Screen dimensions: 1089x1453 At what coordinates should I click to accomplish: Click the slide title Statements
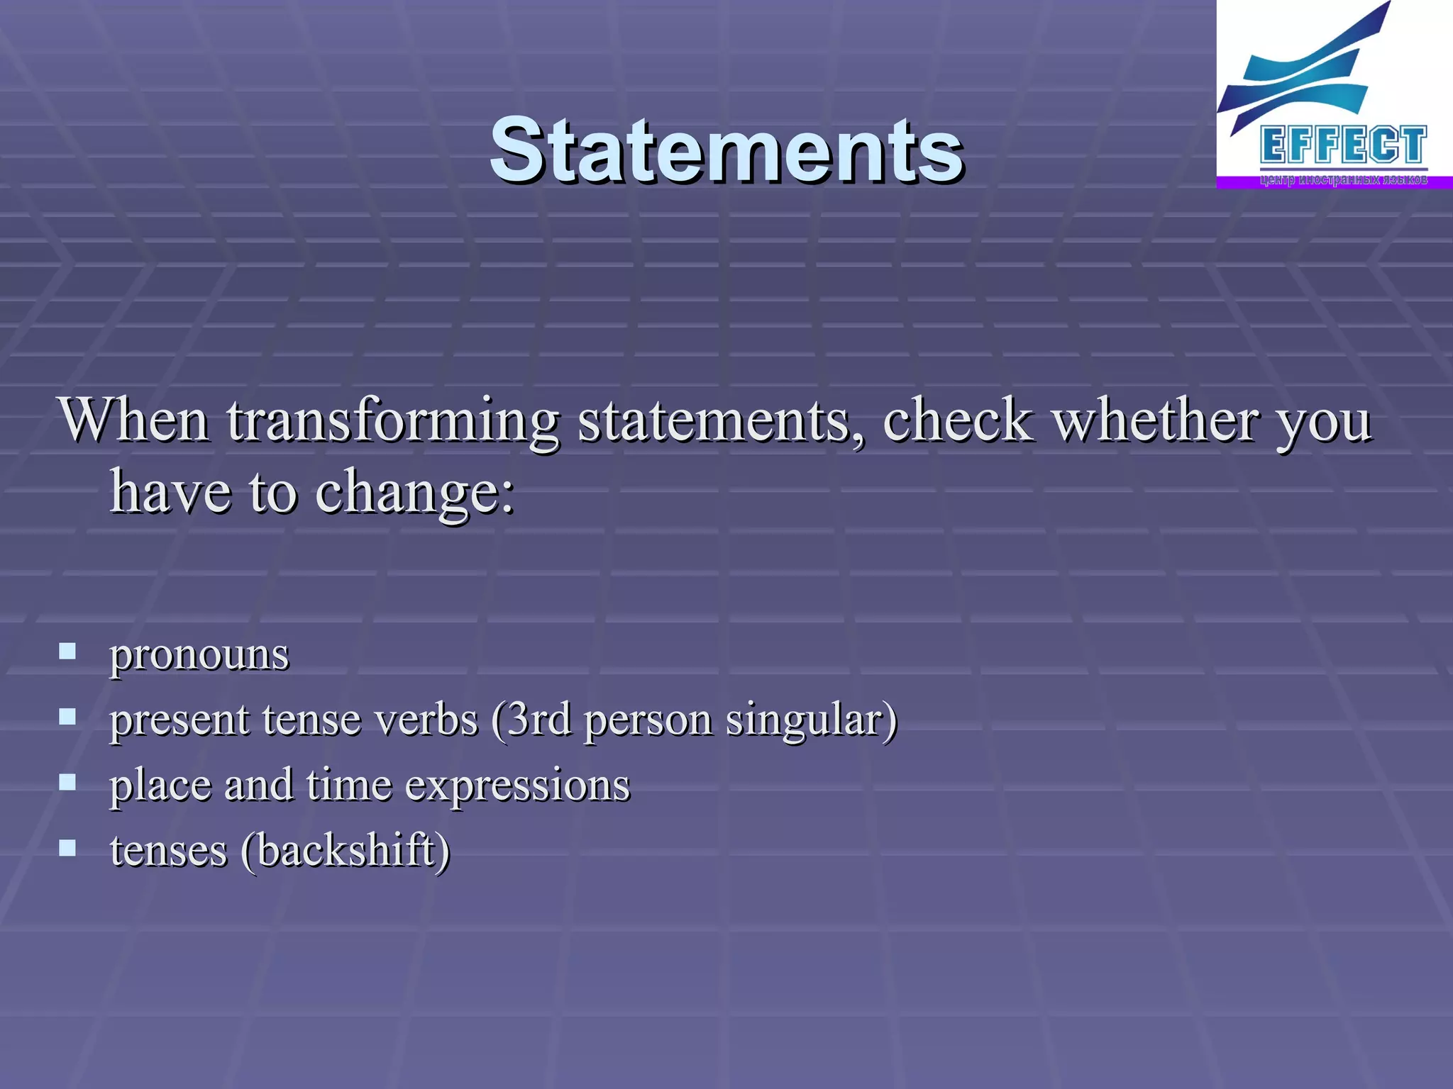point(726,150)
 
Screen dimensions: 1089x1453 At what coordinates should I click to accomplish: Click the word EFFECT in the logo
point(1343,145)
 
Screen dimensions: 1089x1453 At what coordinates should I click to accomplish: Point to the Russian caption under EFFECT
point(1343,180)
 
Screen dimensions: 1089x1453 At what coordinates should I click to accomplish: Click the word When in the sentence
point(134,420)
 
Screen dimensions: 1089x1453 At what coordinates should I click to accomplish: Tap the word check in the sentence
point(957,420)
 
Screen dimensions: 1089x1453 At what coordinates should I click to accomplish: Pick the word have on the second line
point(171,491)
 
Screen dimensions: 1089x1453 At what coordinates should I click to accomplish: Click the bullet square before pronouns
point(67,651)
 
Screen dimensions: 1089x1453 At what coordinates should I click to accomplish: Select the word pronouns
point(199,654)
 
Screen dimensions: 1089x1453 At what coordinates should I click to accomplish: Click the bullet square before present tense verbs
point(67,717)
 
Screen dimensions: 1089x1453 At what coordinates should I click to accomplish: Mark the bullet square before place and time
point(67,782)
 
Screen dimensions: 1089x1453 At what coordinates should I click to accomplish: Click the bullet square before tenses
point(67,847)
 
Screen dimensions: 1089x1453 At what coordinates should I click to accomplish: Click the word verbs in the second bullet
point(426,719)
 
